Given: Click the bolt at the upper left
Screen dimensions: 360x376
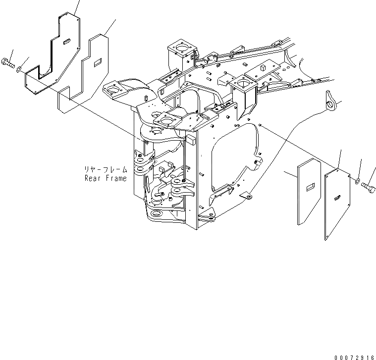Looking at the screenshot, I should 10,62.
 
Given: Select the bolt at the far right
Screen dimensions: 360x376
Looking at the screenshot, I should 368,187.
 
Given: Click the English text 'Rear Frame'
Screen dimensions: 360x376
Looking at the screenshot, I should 105,178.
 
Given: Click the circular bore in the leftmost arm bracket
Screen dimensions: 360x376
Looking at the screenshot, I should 114,90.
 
